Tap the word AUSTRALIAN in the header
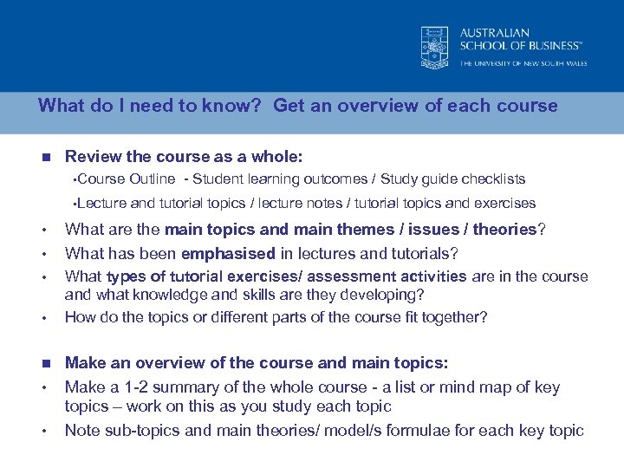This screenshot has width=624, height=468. (x=494, y=33)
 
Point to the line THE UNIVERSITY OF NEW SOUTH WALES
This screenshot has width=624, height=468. (x=523, y=63)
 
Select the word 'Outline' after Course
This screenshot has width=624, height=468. (x=152, y=179)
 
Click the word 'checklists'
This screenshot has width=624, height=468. (x=493, y=179)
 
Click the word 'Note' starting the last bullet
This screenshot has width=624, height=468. (x=82, y=431)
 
